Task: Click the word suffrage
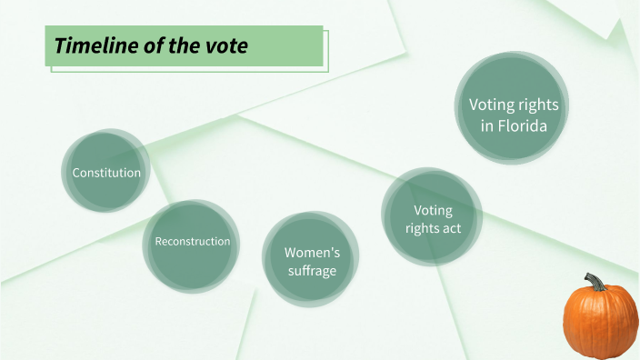coord(310,271)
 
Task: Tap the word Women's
coord(312,252)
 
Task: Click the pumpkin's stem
coord(595,283)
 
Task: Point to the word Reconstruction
coord(192,241)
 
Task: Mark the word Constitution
coord(106,173)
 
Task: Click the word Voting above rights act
coord(433,211)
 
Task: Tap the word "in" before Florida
coord(487,126)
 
